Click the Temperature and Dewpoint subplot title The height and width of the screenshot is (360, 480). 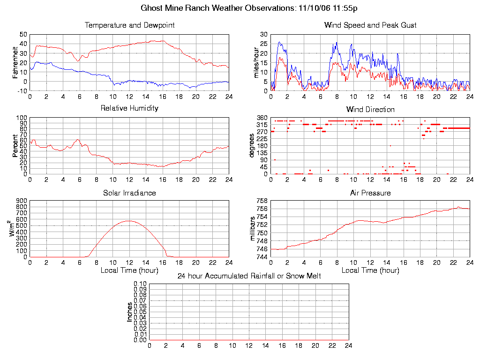click(x=129, y=25)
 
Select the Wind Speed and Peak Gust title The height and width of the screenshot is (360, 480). click(x=370, y=25)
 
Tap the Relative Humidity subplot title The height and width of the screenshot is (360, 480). click(x=129, y=108)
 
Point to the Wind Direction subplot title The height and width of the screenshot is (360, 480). click(x=370, y=109)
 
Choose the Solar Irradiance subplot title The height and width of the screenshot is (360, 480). click(x=129, y=193)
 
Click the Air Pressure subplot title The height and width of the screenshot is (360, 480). click(x=370, y=193)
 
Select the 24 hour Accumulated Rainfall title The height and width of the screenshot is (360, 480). click(x=249, y=276)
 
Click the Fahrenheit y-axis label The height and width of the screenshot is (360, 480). click(x=15, y=62)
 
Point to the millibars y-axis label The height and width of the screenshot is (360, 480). click(x=253, y=230)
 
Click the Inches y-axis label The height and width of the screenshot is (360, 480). click(x=130, y=312)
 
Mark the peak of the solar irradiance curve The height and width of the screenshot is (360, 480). click(x=129, y=221)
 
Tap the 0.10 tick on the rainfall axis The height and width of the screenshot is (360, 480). click(x=140, y=284)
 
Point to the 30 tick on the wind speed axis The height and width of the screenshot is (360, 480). click(x=263, y=34)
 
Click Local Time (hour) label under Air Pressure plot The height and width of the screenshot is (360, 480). click(x=370, y=270)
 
